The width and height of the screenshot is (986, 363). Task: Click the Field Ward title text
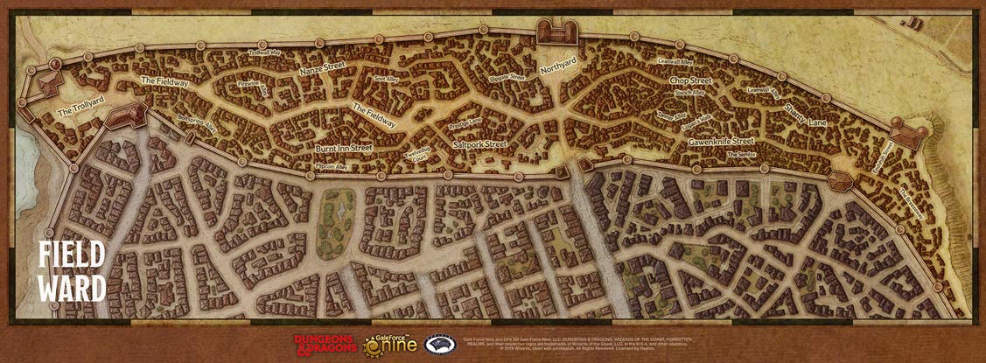tap(72, 271)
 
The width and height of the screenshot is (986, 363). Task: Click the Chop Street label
tap(690, 80)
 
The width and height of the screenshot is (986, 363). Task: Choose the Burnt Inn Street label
tap(344, 149)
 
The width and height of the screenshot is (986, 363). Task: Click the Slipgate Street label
tap(507, 77)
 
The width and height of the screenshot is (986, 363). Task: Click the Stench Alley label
tap(689, 93)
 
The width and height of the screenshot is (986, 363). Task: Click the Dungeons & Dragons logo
tap(323, 344)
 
